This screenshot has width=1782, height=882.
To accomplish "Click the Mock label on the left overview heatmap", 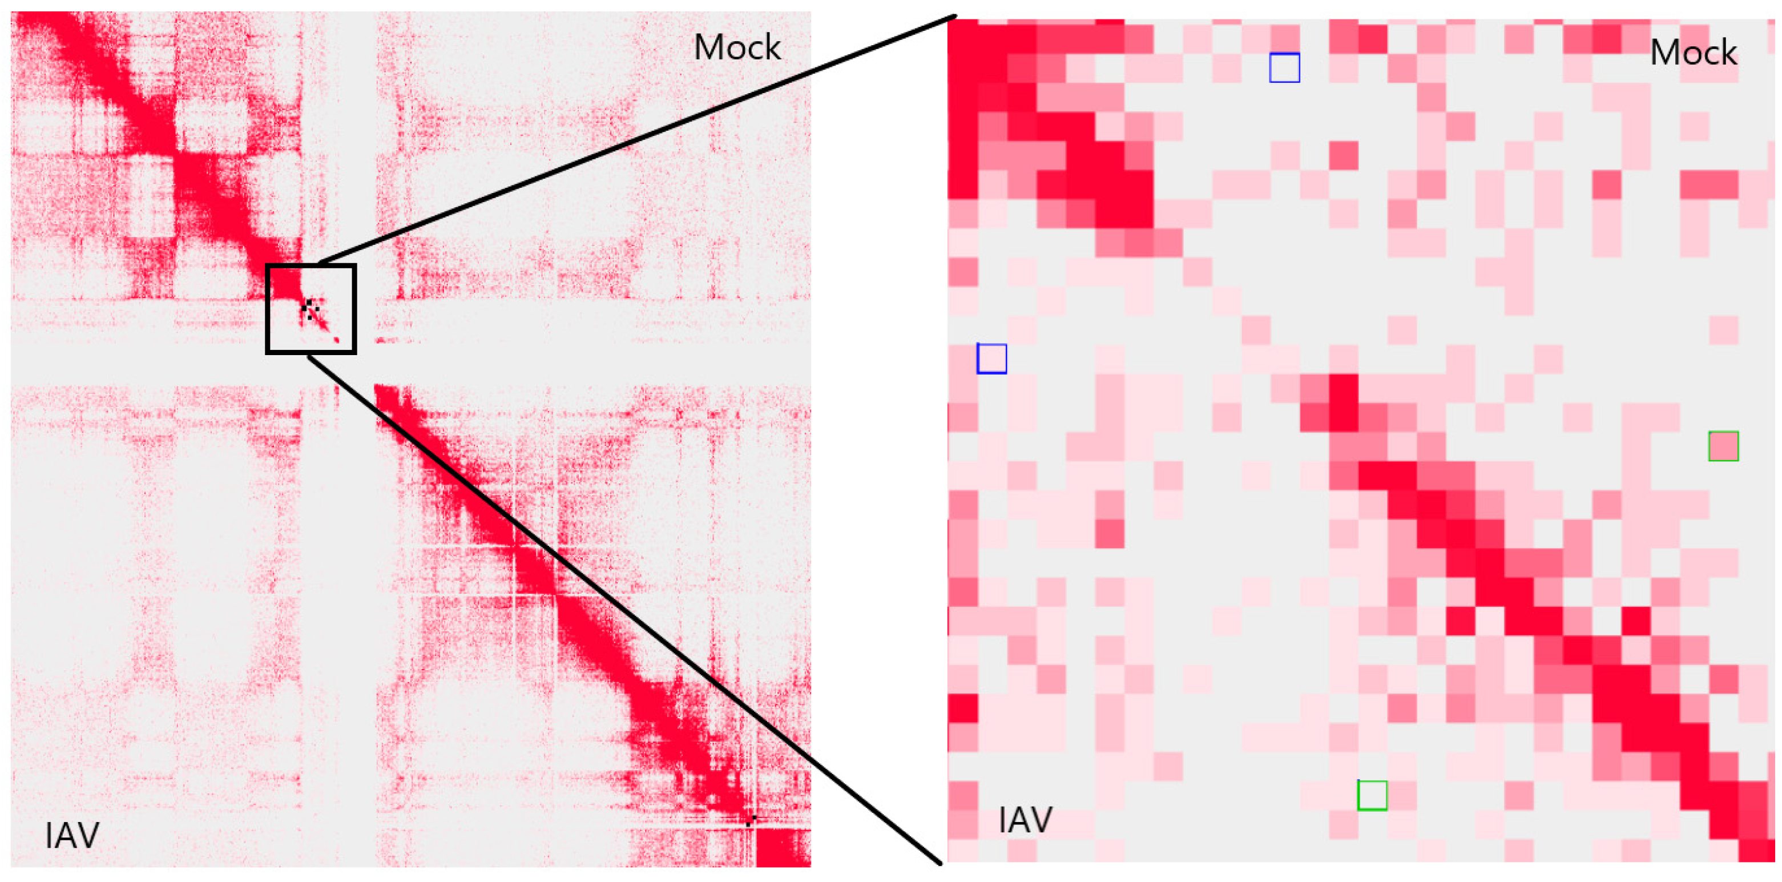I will [x=737, y=48].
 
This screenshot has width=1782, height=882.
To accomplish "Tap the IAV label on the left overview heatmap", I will [x=72, y=836].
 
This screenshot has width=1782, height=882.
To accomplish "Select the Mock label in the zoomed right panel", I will [x=1693, y=53].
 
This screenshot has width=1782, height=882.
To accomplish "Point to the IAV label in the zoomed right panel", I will [x=1025, y=820].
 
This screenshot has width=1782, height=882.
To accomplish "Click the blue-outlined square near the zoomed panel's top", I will [x=1285, y=68].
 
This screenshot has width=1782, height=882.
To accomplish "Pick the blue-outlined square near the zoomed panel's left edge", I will [x=991, y=359].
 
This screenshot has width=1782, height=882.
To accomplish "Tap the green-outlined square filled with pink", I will [x=1723, y=446].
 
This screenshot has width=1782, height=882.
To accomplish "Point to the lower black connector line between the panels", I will [x=623, y=609].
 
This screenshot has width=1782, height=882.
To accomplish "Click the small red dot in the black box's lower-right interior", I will [x=337, y=340].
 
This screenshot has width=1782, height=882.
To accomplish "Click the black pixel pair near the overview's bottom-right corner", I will [x=751, y=820].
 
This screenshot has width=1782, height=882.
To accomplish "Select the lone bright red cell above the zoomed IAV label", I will [x=962, y=708].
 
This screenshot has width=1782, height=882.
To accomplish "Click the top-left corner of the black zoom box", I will [x=268, y=265].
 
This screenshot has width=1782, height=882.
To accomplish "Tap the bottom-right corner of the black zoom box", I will [x=354, y=352].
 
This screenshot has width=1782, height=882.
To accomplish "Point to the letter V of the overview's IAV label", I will [x=88, y=836].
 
